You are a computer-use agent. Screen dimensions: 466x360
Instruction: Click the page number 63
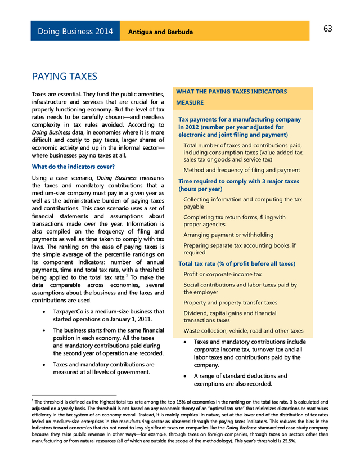[328, 29]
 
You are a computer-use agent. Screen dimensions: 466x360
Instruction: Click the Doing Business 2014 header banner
[75, 31]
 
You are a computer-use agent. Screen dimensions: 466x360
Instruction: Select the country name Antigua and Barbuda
[160, 32]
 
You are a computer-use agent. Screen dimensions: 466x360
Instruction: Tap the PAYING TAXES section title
[65, 76]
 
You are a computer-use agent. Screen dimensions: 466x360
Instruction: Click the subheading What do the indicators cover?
[73, 167]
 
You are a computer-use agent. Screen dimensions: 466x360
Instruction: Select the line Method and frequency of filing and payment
[242, 170]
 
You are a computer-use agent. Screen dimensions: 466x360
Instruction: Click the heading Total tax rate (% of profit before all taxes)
[237, 263]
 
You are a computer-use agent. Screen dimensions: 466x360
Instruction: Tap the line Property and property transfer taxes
[231, 303]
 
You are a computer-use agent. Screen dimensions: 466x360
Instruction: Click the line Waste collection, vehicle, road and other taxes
[244, 331]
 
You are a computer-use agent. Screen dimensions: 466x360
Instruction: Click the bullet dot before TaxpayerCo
[44, 312]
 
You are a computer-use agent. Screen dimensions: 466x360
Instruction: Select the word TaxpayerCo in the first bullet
[71, 312]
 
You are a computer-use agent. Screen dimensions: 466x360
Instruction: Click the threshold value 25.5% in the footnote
[289, 441]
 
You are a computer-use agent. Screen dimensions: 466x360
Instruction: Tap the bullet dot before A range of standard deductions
[185, 376]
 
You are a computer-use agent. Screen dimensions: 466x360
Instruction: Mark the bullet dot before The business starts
[44, 330]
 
